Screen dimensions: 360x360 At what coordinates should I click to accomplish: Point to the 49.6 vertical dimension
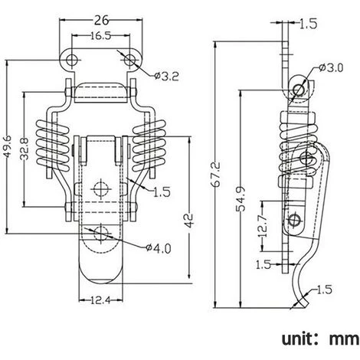coord(8,143)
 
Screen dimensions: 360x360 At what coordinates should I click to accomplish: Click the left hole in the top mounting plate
coord(72,58)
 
